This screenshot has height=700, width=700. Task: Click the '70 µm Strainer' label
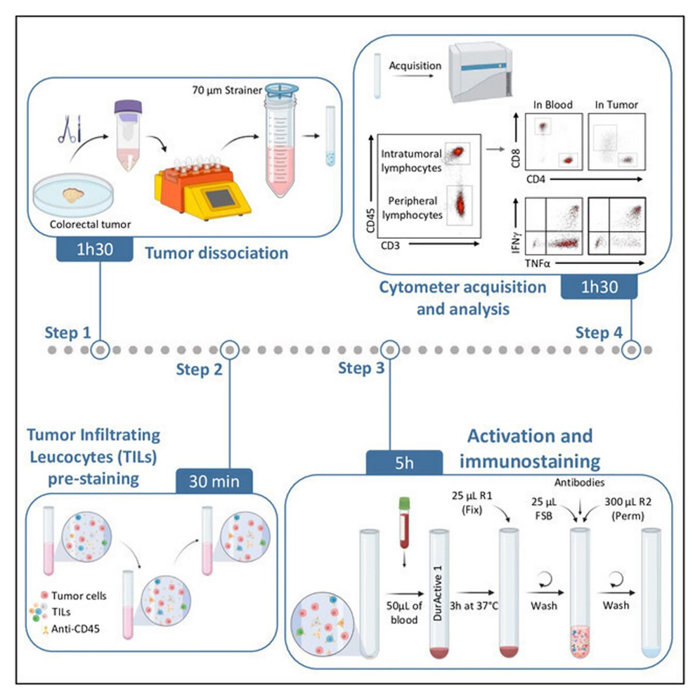(222, 89)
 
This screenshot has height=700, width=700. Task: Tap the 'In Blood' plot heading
(552, 105)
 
